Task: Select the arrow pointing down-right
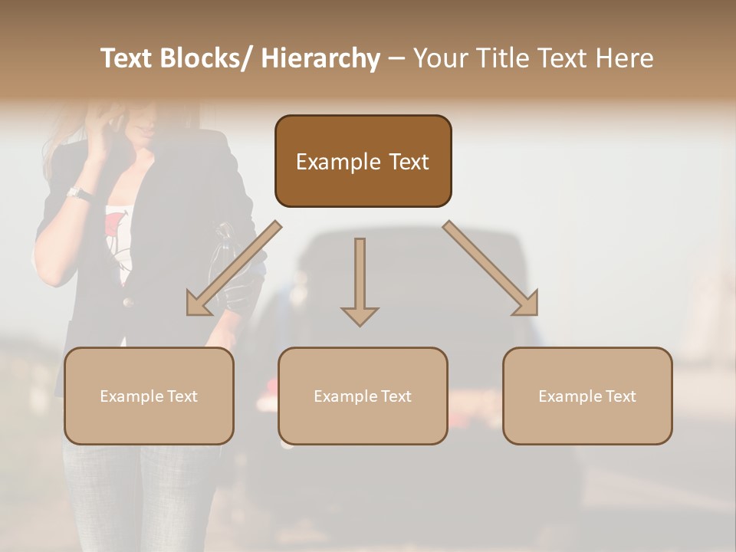pos(491,268)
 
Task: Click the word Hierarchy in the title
pos(320,58)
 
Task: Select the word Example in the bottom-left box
pos(132,396)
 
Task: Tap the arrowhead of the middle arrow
pos(360,316)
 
